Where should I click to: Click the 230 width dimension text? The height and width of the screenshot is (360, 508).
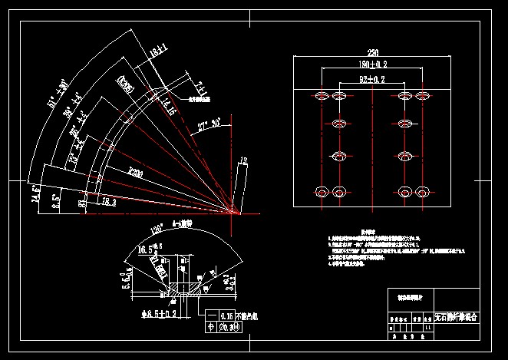coord(373,52)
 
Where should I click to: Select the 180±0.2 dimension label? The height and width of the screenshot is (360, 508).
coord(372,64)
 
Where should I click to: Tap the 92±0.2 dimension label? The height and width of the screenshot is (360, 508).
coord(372,79)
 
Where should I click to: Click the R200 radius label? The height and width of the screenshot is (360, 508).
coord(137,171)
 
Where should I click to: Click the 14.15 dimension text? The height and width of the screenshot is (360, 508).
coord(167,111)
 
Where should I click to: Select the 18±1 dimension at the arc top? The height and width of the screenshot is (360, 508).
coord(159,53)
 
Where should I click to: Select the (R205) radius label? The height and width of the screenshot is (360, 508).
coord(123,83)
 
